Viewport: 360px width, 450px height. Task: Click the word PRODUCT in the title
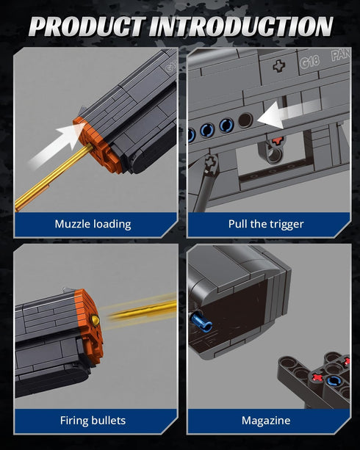(x=86, y=26)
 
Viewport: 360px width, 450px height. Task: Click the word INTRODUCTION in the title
(x=241, y=26)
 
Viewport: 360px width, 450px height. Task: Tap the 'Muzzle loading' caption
(x=93, y=224)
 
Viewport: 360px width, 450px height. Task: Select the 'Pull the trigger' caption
(x=266, y=224)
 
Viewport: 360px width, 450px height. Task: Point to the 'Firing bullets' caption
(x=93, y=421)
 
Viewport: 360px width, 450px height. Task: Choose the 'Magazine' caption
(x=266, y=421)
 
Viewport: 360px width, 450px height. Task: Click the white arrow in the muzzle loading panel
(x=57, y=145)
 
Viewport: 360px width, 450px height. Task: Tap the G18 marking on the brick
(x=309, y=62)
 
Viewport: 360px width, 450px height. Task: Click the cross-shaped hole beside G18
(x=279, y=66)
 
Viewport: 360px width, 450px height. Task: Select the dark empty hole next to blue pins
(x=245, y=120)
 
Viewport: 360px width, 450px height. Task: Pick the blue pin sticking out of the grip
(x=201, y=321)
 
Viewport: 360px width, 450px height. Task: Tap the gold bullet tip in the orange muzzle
(x=95, y=320)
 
